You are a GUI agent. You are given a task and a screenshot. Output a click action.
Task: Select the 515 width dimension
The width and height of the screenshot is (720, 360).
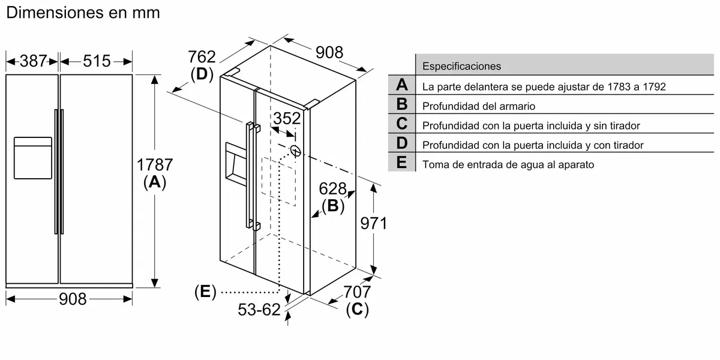coord(97,61)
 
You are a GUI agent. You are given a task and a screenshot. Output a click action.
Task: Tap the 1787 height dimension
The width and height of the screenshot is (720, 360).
coord(155,164)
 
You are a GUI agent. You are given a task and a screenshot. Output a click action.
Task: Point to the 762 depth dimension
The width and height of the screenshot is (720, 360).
coord(202,57)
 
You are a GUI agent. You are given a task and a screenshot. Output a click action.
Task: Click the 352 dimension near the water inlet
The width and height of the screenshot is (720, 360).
coord(286,118)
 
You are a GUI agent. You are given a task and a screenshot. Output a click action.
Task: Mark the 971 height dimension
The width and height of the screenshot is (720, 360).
coord(373,224)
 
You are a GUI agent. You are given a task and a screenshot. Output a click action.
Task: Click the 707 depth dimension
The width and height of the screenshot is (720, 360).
coord(358,292)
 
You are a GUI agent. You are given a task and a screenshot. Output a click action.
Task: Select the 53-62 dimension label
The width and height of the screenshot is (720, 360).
coord(259,310)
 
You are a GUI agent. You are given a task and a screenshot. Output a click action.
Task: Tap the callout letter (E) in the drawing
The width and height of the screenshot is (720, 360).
coord(205,292)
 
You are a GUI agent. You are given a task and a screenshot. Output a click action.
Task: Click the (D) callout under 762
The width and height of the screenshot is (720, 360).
coord(202,74)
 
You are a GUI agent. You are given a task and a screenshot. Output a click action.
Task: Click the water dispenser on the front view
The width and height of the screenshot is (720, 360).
coord(32,158)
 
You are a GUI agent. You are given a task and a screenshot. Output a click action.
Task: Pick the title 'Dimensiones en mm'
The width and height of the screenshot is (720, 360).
coord(83,12)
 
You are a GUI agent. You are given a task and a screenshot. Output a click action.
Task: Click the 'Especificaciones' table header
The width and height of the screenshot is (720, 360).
coord(461,66)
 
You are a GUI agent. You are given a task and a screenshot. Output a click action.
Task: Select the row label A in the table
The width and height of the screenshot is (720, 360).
coord(401,85)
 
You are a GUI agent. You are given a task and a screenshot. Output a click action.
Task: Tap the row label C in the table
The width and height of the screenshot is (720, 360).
coord(401,124)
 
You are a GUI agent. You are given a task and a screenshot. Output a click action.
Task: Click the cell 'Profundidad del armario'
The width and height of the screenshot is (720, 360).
coord(478,106)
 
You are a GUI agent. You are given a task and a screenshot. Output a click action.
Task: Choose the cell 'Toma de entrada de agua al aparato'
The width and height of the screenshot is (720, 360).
coord(508,164)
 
